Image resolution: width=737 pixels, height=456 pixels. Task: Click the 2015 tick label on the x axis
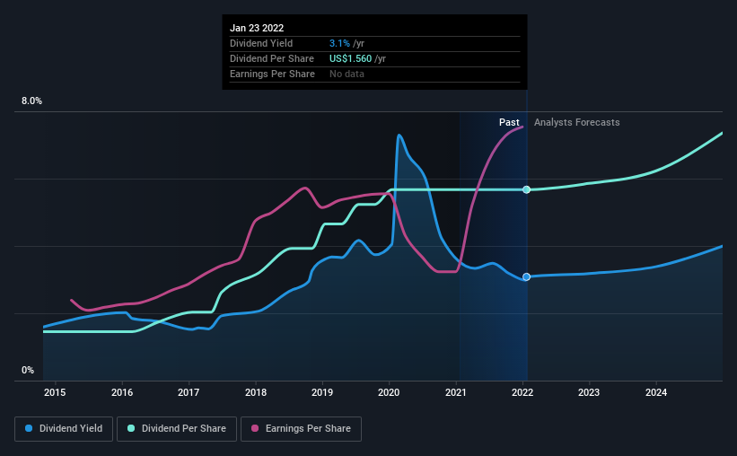tap(55, 392)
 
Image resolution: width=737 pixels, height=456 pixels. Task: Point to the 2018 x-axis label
tap(256, 392)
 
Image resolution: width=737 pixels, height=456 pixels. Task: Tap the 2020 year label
tap(390, 392)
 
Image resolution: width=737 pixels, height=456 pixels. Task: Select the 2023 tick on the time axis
tap(589, 392)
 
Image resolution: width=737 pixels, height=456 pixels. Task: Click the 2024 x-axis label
tap(656, 392)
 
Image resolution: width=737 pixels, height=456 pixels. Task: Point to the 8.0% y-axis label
tap(31, 101)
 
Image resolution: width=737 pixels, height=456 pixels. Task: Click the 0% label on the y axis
tap(28, 370)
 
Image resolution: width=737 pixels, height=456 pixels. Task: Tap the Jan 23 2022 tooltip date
tap(258, 27)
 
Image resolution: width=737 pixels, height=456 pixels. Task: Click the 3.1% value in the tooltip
tap(339, 43)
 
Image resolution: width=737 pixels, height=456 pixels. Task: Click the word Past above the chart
tap(509, 122)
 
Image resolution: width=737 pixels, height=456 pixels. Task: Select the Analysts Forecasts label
tap(576, 122)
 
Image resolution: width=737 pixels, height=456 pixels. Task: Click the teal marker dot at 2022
tap(527, 189)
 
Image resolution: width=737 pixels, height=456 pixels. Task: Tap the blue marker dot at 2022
tap(527, 276)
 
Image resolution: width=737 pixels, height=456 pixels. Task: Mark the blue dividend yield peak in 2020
tap(399, 136)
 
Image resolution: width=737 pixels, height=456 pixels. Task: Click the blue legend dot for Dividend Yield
tap(29, 429)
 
